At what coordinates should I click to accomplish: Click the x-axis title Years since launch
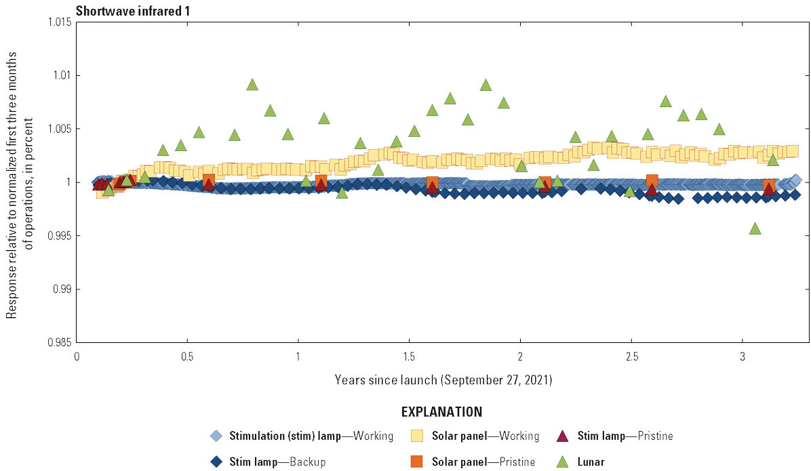443,380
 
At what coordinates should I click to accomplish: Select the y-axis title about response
20,182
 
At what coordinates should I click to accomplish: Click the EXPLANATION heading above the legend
442,411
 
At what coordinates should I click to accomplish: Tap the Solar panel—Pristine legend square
417,462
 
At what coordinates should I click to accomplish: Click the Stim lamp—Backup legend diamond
216,462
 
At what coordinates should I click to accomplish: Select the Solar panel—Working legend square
417,436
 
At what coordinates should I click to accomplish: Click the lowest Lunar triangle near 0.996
755,228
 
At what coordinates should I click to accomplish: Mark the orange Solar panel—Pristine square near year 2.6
652,180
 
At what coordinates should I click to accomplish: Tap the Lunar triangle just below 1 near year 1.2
342,192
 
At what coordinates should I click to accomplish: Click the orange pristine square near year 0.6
208,180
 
